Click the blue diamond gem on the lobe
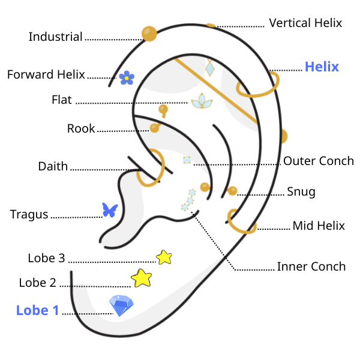(x=121, y=305)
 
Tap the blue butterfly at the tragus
(x=110, y=210)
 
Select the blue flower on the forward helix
(x=127, y=78)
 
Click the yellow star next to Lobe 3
(x=164, y=257)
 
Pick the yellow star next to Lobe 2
(x=142, y=278)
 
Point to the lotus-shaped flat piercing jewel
(x=202, y=101)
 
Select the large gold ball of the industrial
(x=149, y=34)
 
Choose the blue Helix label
(x=322, y=67)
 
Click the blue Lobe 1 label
(x=37, y=310)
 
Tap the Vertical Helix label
(x=305, y=23)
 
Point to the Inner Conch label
(x=311, y=266)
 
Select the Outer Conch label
(x=319, y=161)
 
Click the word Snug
(x=301, y=192)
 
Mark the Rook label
(x=81, y=128)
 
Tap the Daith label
(x=53, y=166)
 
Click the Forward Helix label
(x=46, y=74)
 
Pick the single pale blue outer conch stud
(x=187, y=160)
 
